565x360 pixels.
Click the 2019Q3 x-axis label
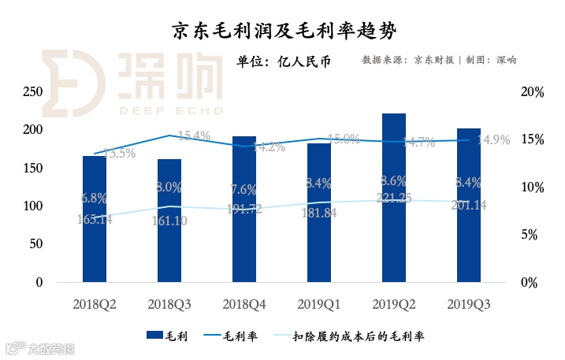[x=469, y=303]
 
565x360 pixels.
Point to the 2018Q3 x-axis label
[x=169, y=303]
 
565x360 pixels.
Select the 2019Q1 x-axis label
[x=319, y=303]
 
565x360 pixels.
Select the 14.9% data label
[x=494, y=140]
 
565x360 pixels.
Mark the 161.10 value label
[x=169, y=222]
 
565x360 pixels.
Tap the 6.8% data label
[x=93, y=198]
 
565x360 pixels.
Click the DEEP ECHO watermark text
[x=171, y=110]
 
